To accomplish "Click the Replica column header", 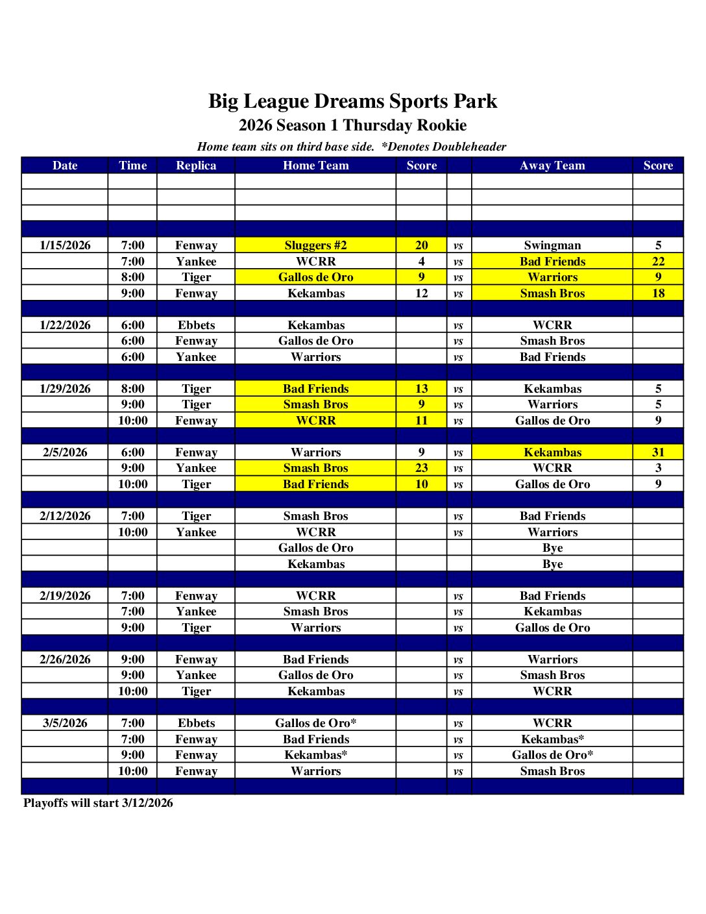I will pyautogui.click(x=196, y=166).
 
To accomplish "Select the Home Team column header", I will pyautogui.click(x=315, y=166).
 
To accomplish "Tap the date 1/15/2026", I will pyautogui.click(x=65, y=245).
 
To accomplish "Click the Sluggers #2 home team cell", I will pyautogui.click(x=315, y=245).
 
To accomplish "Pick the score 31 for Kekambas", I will pyautogui.click(x=658, y=452).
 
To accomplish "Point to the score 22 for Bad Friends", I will pyautogui.click(x=658, y=262).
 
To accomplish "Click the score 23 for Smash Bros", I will pyautogui.click(x=421, y=468).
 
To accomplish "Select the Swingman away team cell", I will pyautogui.click(x=552, y=245).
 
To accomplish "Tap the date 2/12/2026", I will pyautogui.click(x=65, y=516).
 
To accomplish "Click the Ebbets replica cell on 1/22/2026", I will pyautogui.click(x=196, y=325).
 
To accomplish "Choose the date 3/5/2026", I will pyautogui.click(x=65, y=723).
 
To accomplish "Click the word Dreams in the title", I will pyautogui.click(x=354, y=101).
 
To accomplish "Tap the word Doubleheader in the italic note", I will pyautogui.click(x=469, y=147).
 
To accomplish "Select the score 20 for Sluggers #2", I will pyautogui.click(x=421, y=245).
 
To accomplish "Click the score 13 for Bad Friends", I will pyautogui.click(x=421, y=389).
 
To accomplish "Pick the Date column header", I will pyautogui.click(x=65, y=166).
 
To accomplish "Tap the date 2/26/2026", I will pyautogui.click(x=65, y=660).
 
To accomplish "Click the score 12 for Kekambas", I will pyautogui.click(x=421, y=293).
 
